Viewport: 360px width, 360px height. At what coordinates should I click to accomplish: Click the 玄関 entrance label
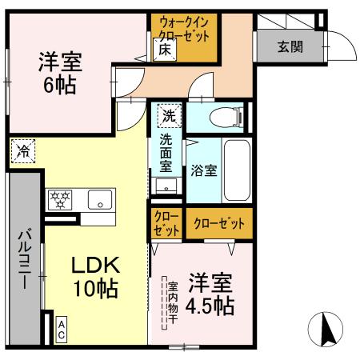pyautogui.click(x=290, y=46)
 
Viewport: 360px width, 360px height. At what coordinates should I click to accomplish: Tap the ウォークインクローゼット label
pyautogui.click(x=185, y=30)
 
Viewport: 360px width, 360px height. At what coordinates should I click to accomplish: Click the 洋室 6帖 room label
pyautogui.click(x=61, y=73)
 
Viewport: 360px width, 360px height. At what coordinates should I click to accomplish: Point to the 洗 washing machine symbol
pyautogui.click(x=168, y=114)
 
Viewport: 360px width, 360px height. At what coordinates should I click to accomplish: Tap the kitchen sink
pyautogui.click(x=101, y=200)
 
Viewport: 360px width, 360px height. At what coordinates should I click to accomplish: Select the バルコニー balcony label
pyautogui.click(x=24, y=260)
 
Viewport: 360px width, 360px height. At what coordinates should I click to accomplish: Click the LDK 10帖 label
pyautogui.click(x=95, y=277)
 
